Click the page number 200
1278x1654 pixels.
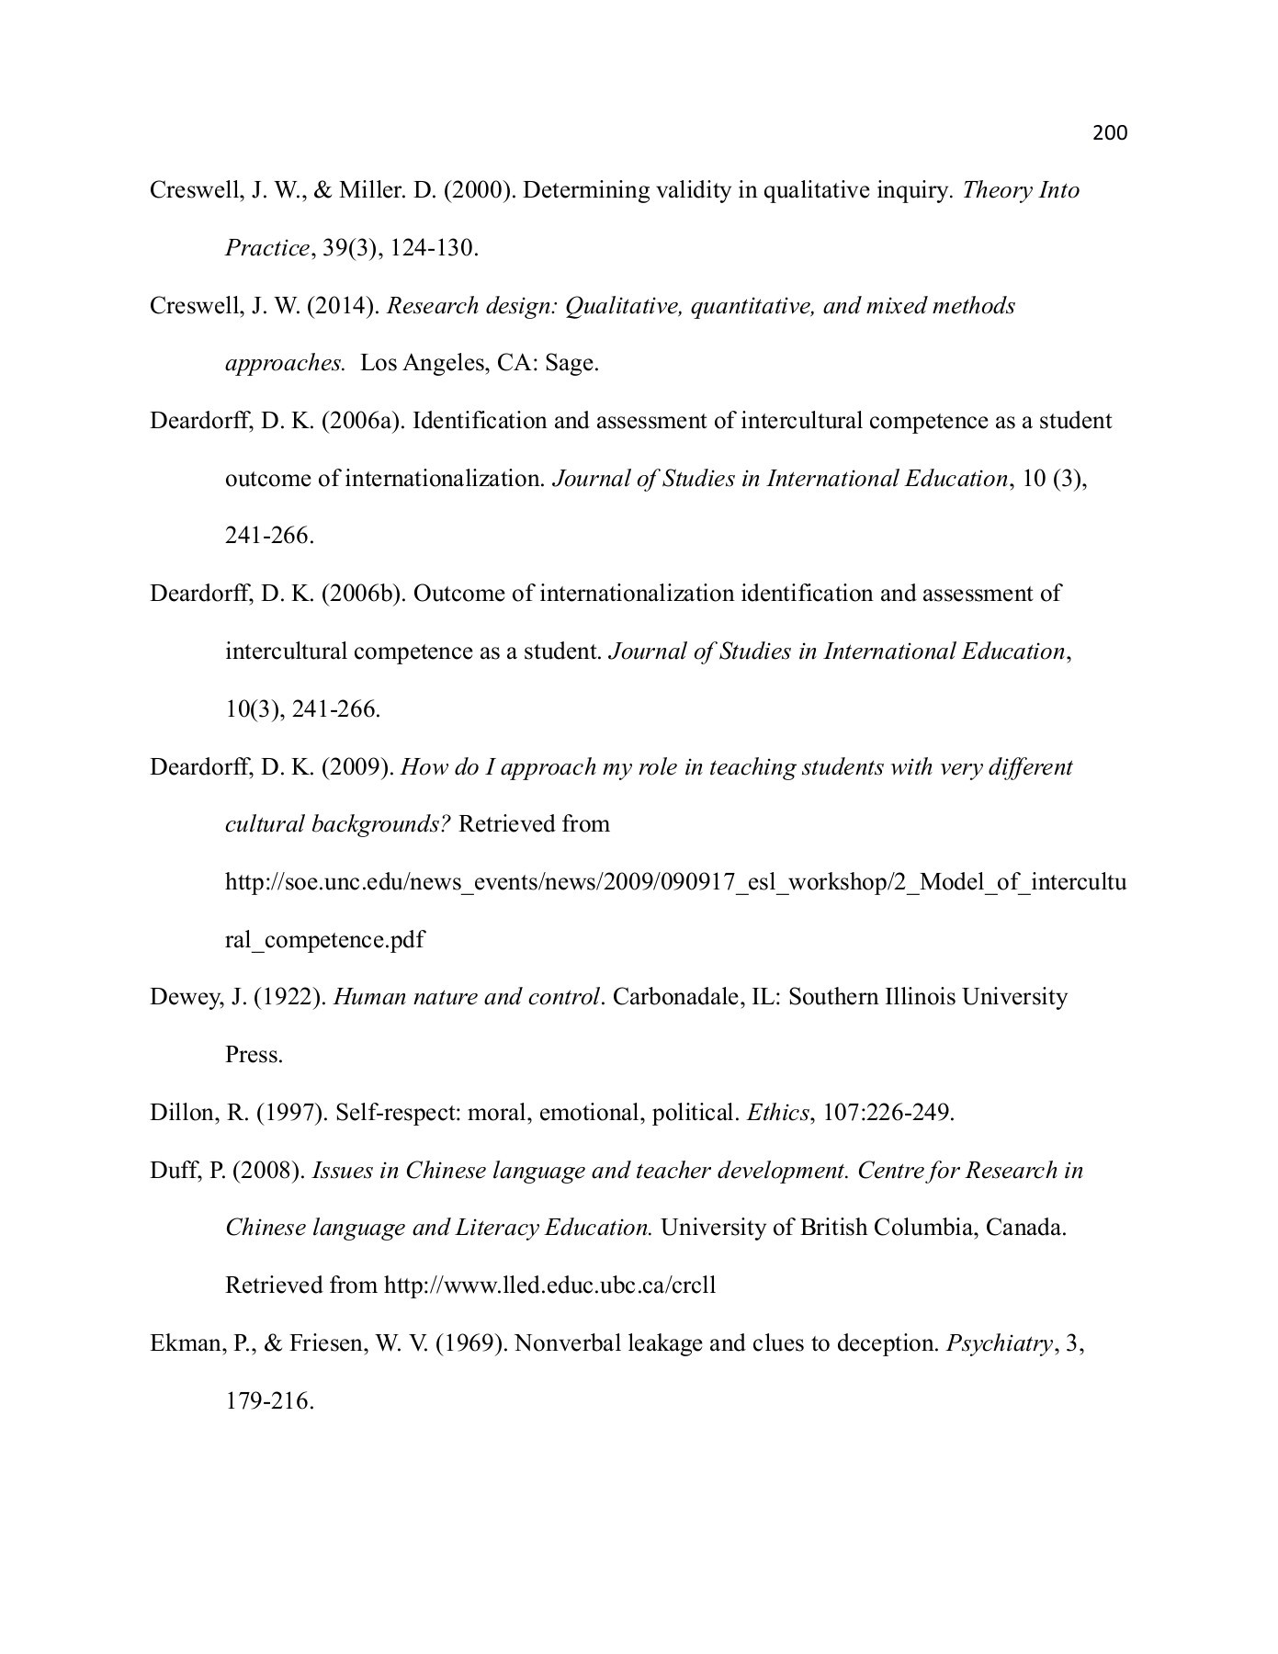click(x=1110, y=133)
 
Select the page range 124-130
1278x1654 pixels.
click(x=432, y=249)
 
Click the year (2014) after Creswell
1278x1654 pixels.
click(x=344, y=306)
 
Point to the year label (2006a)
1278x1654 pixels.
click(x=363, y=422)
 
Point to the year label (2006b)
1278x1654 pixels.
click(x=363, y=595)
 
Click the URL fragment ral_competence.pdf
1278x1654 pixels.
click(x=324, y=941)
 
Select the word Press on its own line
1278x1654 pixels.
click(x=254, y=1056)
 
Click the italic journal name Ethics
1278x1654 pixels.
click(x=777, y=1114)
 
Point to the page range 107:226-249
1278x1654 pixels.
click(x=888, y=1114)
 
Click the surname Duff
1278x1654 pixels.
click(x=173, y=1172)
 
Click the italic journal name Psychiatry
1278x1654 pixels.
click(x=999, y=1344)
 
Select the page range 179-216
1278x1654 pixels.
click(x=269, y=1402)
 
